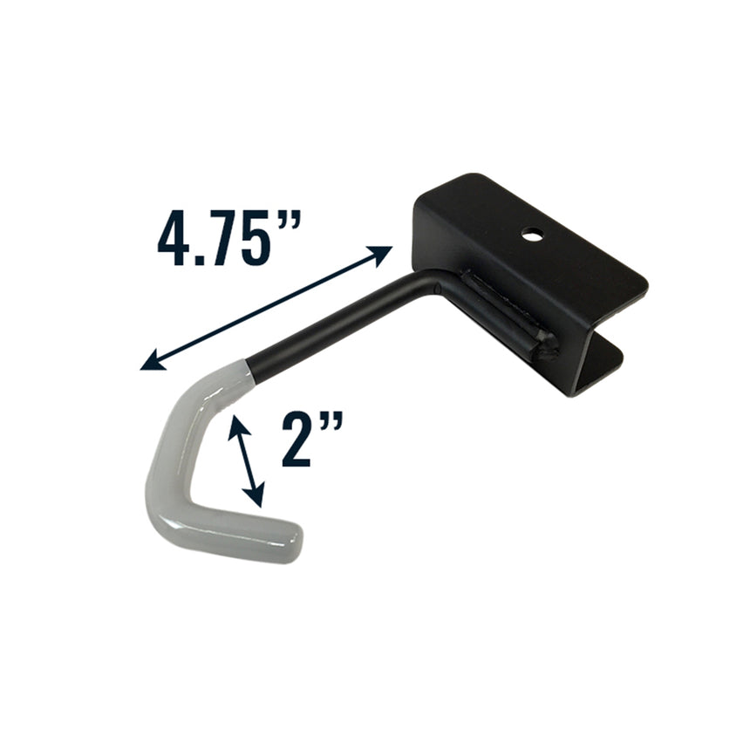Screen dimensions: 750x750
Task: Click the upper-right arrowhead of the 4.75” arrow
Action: point(384,252)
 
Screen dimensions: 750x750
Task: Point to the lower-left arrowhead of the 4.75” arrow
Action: point(148,364)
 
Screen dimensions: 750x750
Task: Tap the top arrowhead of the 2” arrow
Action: point(234,424)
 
